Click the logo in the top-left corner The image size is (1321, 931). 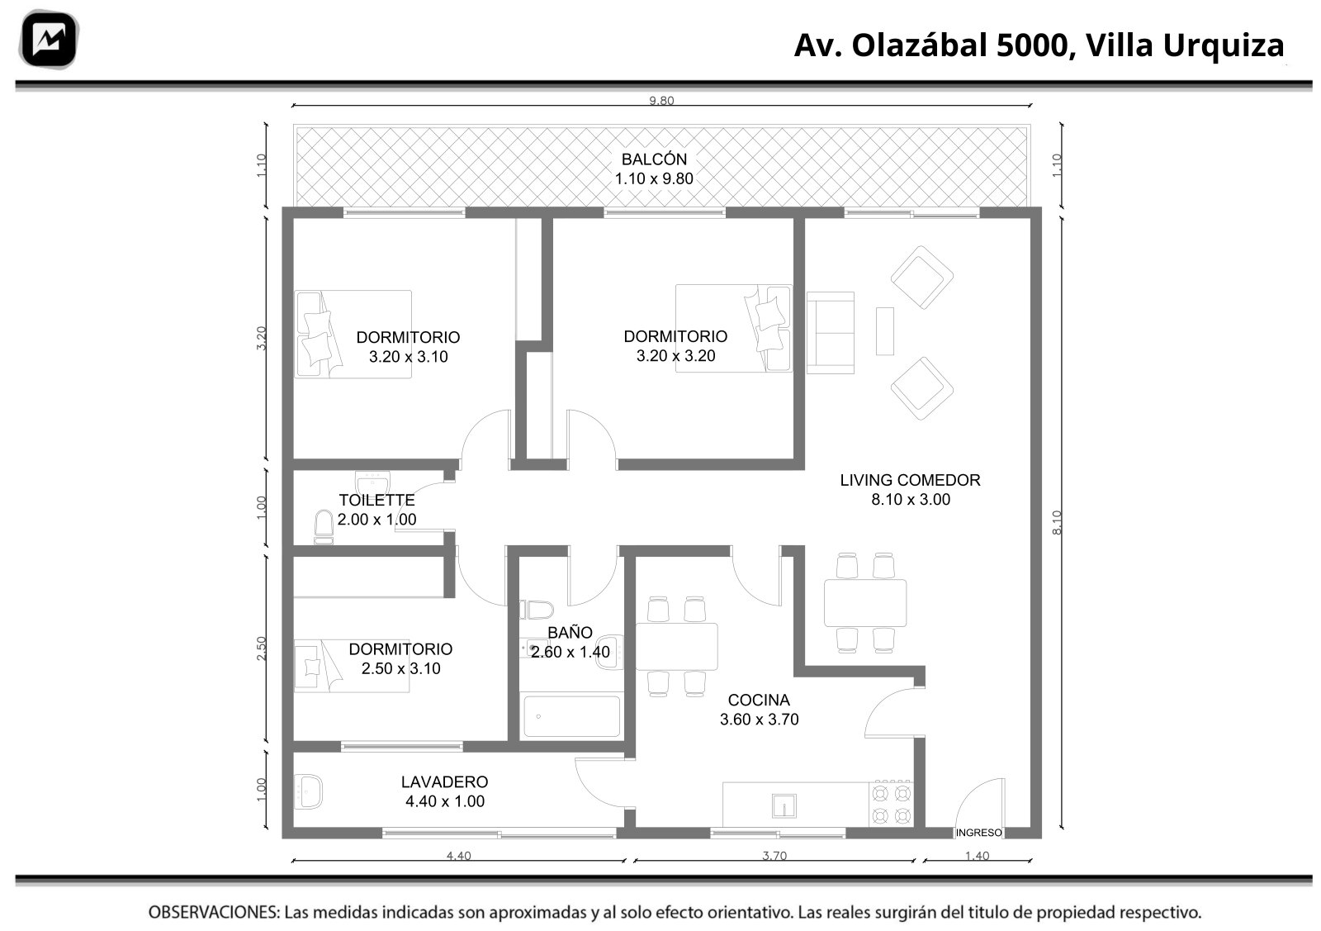[49, 40]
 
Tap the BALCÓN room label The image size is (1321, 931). [654, 159]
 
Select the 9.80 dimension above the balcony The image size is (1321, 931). [661, 100]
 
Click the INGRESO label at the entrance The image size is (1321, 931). [978, 833]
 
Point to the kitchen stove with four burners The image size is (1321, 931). [891, 803]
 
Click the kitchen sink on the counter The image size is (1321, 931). [784, 806]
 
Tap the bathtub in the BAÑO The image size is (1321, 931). [571, 717]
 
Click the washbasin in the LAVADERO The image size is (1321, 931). [308, 791]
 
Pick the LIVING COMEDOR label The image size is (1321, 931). [910, 480]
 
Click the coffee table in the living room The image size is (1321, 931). [884, 331]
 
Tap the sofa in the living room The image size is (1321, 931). [831, 333]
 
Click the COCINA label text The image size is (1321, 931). [759, 701]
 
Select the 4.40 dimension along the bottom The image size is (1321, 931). [458, 856]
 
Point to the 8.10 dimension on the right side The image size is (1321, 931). [1056, 523]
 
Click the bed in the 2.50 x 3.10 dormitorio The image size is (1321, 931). [352, 666]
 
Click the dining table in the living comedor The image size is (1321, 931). [865, 603]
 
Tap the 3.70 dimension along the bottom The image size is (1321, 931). [774, 856]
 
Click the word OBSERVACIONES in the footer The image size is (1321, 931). [214, 912]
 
